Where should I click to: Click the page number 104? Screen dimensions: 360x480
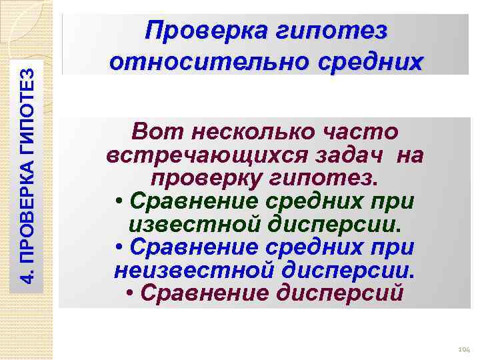point(464,349)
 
